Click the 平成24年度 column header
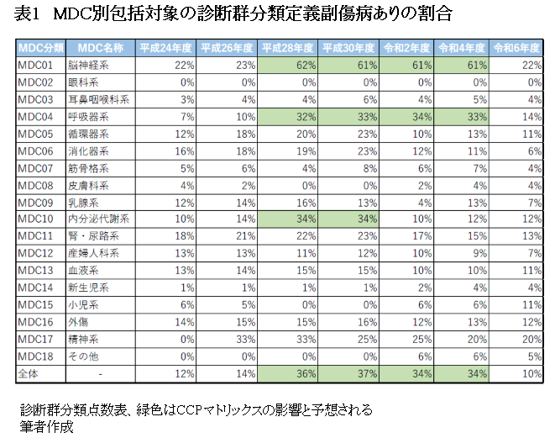[166, 47]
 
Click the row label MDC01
[35, 65]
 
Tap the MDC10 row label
[35, 219]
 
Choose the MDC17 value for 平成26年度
[228, 338]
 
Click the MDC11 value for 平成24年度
[166, 235]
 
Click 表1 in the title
[29, 14]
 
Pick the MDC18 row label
[35, 356]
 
